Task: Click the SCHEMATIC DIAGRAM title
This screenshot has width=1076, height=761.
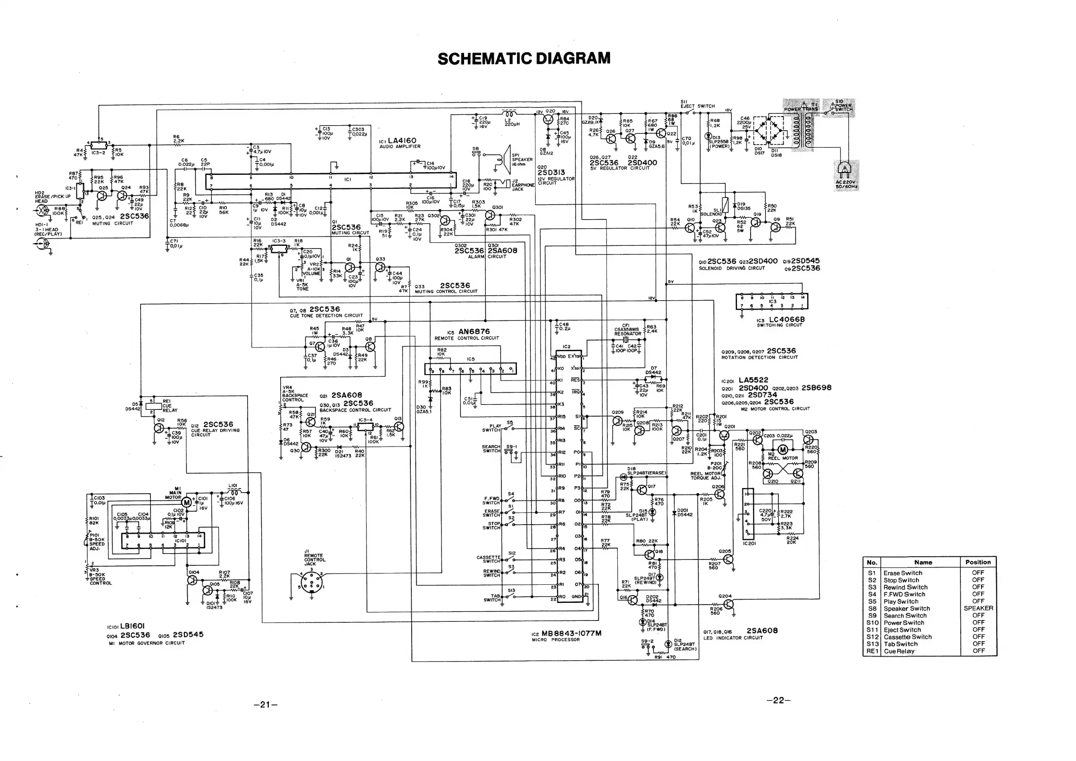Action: [524, 59]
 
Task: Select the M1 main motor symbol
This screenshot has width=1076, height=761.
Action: [187, 503]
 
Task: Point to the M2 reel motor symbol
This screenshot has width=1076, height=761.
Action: [783, 451]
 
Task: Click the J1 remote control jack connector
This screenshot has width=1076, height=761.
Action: [310, 584]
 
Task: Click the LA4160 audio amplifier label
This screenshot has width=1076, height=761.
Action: [402, 141]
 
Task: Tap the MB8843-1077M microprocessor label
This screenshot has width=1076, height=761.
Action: [571, 633]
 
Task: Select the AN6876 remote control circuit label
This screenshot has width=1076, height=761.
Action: [474, 331]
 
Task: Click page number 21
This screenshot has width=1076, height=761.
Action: [265, 705]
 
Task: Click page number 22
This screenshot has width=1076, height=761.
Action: [778, 700]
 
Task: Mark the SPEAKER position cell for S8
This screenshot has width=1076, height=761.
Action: [978, 608]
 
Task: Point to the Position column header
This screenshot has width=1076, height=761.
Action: [977, 562]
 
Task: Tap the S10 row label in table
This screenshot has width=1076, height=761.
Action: [872, 623]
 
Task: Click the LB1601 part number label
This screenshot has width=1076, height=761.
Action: [132, 626]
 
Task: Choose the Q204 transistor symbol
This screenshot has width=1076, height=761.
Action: [728, 605]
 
